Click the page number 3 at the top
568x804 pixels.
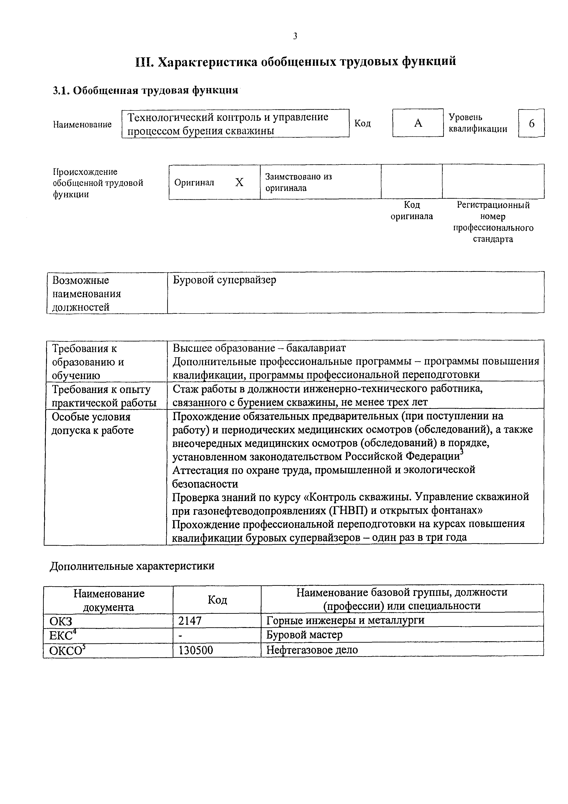[x=295, y=36]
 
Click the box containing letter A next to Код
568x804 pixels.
[x=418, y=123]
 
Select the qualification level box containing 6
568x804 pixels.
[x=532, y=123]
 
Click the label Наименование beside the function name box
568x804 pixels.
[x=82, y=124]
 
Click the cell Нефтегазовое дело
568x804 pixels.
[x=312, y=650]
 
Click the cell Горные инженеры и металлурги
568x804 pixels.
[x=345, y=620]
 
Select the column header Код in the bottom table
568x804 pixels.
[x=217, y=600]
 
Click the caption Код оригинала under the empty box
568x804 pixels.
[x=412, y=210]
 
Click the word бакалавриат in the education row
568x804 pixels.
[x=316, y=348]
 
